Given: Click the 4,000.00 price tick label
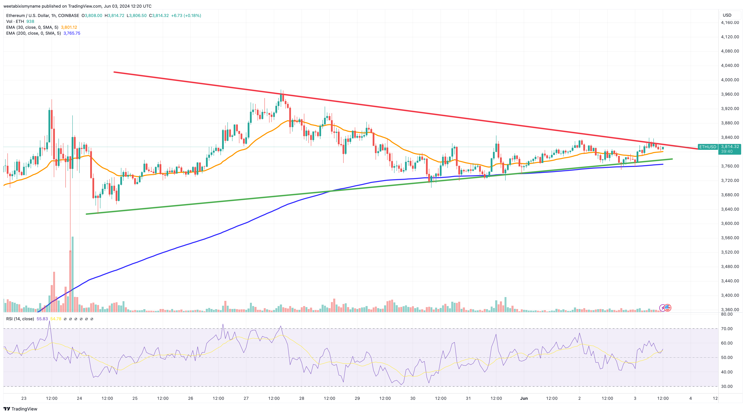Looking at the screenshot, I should [730, 80].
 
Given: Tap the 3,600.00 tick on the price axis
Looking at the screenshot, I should [730, 223].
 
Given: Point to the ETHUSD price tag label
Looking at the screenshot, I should [707, 147].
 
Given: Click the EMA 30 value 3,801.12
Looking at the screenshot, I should [69, 27].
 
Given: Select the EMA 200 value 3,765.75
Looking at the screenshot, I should [72, 33].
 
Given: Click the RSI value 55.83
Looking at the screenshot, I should [42, 319].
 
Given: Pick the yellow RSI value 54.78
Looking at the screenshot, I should [56, 319].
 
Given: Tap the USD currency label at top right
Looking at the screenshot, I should [727, 15].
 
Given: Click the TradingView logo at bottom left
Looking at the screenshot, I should [20, 409].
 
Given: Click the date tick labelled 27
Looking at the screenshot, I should [246, 398].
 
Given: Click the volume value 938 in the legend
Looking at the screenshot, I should [30, 21].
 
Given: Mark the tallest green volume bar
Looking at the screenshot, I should [72, 274].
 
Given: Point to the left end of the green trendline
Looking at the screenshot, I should [87, 214].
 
